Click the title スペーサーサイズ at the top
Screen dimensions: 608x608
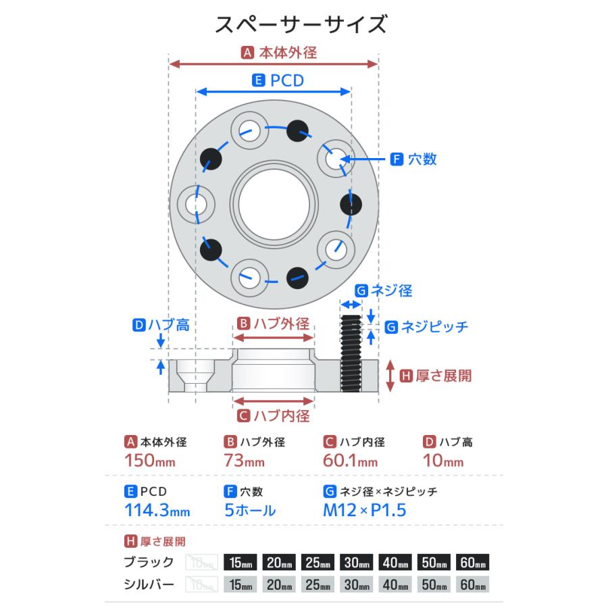click(301, 25)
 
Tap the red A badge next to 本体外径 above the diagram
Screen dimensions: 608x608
click(247, 51)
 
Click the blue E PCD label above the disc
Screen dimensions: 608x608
click(278, 80)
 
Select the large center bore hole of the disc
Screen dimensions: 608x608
click(274, 202)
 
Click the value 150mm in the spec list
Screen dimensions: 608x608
click(150, 462)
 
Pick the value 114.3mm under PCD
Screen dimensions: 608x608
click(157, 511)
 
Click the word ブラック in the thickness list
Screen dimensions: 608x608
click(149, 562)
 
